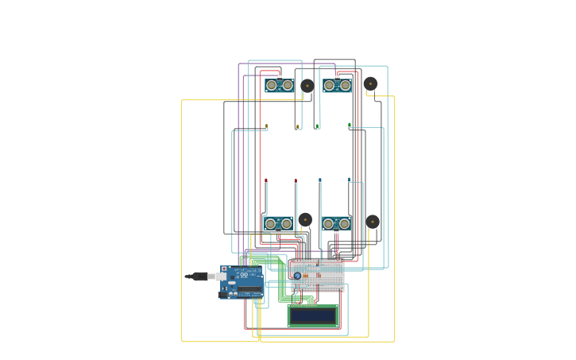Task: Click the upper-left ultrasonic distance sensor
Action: coord(280,85)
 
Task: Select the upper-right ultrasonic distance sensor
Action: coord(337,85)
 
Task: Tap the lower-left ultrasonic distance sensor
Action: coord(278,223)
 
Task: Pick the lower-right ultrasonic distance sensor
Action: coord(336,223)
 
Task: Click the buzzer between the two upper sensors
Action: coord(307,86)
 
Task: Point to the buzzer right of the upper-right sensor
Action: coord(370,83)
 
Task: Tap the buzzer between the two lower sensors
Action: coord(305,219)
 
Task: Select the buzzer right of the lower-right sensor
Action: coord(372,222)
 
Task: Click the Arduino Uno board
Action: coord(242,281)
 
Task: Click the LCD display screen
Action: coord(313,315)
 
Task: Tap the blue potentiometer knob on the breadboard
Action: coord(297,276)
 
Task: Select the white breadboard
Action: coord(318,275)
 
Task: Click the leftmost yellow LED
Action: coord(266,126)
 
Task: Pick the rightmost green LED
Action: coord(349,125)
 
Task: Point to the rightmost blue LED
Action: coord(349,180)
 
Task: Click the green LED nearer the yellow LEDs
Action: coord(318,126)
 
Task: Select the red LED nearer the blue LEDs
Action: coord(296,181)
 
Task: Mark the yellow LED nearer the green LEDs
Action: coord(298,126)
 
